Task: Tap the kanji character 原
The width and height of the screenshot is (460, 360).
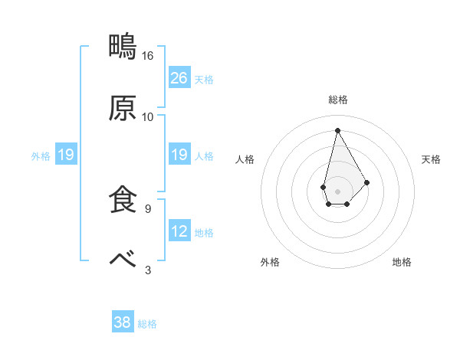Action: pyautogui.click(x=123, y=109)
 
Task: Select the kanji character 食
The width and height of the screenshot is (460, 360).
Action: pyautogui.click(x=123, y=200)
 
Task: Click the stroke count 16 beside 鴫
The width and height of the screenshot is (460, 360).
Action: pyautogui.click(x=148, y=56)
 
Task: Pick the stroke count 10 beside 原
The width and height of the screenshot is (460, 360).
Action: pyautogui.click(x=148, y=117)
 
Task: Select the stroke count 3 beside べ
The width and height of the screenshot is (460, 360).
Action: pyautogui.click(x=148, y=270)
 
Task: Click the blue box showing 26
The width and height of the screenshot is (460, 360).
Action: pyautogui.click(x=179, y=77)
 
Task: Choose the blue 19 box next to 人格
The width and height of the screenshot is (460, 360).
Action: pyautogui.click(x=179, y=155)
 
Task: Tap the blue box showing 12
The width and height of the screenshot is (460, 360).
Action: pyautogui.click(x=179, y=231)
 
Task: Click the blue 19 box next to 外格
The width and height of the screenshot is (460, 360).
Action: pyautogui.click(x=65, y=155)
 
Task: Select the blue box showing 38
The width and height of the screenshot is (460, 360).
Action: pyautogui.click(x=123, y=322)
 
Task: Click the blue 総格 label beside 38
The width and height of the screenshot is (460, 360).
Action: pyautogui.click(x=147, y=324)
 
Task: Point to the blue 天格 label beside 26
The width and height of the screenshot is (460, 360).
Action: pyautogui.click(x=204, y=79)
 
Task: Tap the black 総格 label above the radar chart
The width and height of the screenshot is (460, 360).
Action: pyautogui.click(x=338, y=100)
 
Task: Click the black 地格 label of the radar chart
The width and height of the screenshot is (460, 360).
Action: pyautogui.click(x=402, y=262)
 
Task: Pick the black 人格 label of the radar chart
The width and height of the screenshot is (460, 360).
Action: pyautogui.click(x=245, y=159)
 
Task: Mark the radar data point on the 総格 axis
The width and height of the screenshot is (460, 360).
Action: pyautogui.click(x=337, y=130)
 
